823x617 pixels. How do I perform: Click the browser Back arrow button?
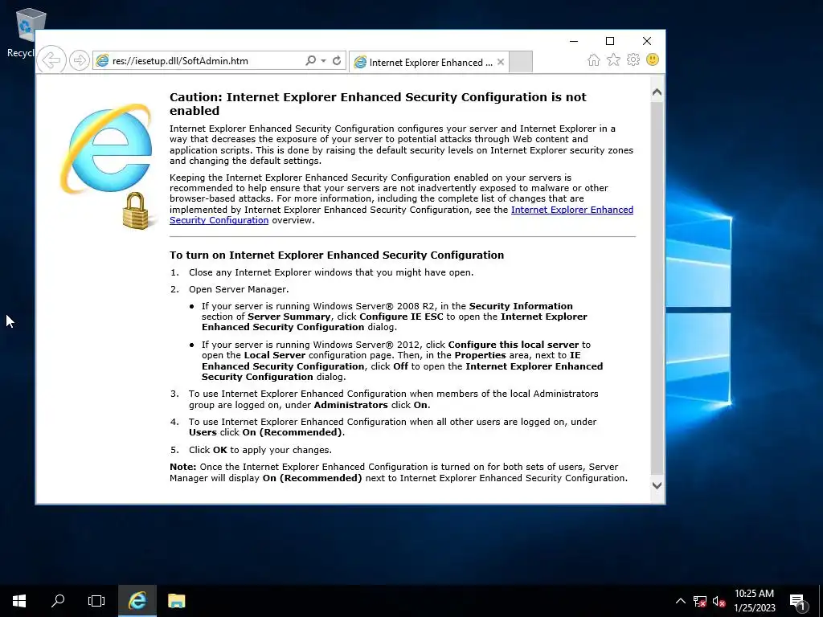(51, 60)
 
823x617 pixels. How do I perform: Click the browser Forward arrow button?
(79, 60)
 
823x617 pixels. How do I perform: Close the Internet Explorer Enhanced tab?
(501, 62)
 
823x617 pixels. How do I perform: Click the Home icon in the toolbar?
(593, 60)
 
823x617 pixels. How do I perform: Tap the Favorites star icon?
(613, 60)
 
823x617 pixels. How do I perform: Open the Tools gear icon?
(633, 60)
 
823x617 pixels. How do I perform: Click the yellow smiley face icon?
(653, 60)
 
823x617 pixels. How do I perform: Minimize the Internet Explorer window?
(573, 41)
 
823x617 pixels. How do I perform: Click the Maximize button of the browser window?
(610, 41)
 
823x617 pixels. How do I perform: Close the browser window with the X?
(647, 41)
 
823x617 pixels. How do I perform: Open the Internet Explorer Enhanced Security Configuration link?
(571, 210)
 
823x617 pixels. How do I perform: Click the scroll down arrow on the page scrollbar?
(657, 485)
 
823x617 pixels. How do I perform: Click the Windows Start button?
(19, 600)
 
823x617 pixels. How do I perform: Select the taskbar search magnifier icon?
(58, 600)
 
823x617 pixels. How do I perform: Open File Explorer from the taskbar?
(176, 600)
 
